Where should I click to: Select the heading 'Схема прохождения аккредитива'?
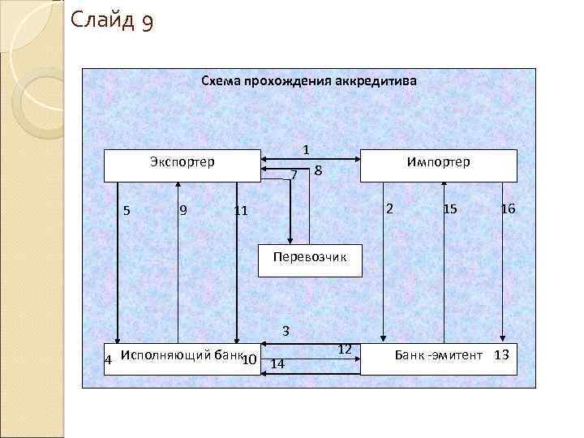click(308, 82)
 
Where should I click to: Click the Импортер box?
click(438, 165)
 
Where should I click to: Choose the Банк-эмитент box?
click(438, 357)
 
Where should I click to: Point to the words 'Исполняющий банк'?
click(180, 354)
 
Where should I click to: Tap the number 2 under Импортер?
click(389, 208)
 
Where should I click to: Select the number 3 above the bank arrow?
click(286, 331)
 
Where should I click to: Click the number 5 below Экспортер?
click(127, 211)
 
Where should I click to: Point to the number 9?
click(183, 211)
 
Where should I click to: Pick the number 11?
click(240, 212)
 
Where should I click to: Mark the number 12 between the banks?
click(344, 349)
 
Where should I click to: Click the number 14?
click(277, 363)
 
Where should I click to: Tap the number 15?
click(450, 209)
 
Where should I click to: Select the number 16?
click(508, 209)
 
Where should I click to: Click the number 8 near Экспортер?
click(319, 170)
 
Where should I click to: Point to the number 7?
click(294, 174)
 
